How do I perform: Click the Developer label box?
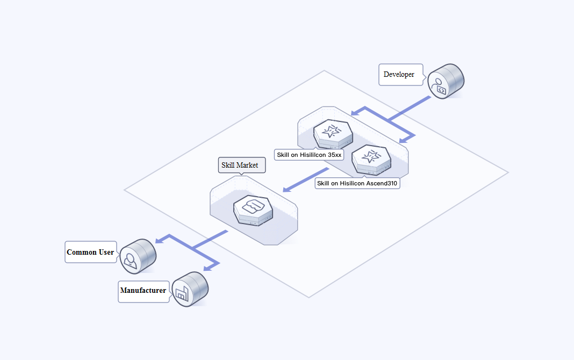(x=400, y=75)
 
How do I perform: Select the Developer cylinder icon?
(x=446, y=82)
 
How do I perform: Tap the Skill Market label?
(x=241, y=165)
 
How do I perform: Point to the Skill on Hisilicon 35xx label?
(x=308, y=155)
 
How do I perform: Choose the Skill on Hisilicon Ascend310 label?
(x=357, y=183)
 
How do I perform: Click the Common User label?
(x=90, y=252)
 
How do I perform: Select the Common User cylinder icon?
(x=138, y=255)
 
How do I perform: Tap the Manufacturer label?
(x=143, y=291)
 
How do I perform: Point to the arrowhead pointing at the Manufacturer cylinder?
(x=207, y=268)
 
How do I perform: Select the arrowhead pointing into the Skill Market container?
(x=286, y=189)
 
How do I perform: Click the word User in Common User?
(x=106, y=252)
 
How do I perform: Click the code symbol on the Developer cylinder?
(x=441, y=90)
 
